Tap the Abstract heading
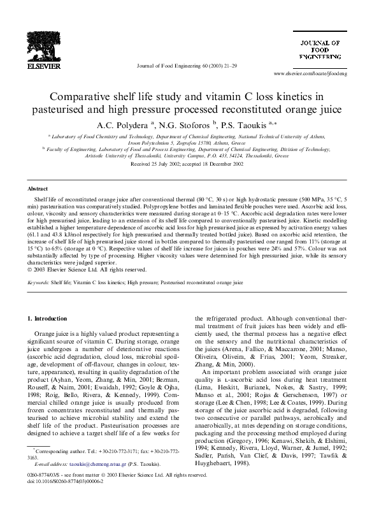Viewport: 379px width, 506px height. tap(39, 189)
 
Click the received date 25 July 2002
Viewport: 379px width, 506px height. tap(160, 164)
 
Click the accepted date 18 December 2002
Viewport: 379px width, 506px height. tap(223, 164)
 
